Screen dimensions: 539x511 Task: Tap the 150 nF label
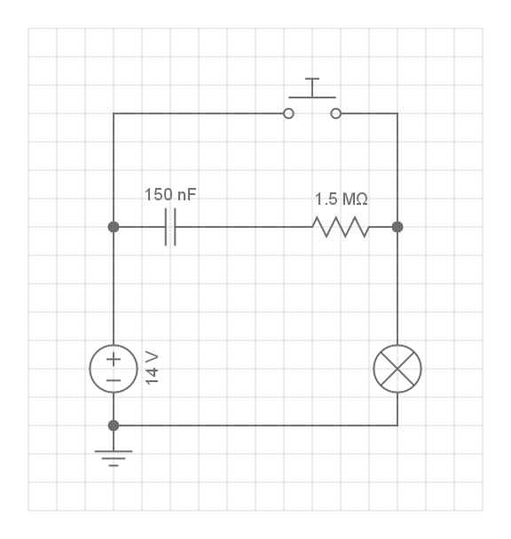170,195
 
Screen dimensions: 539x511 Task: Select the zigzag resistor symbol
340,227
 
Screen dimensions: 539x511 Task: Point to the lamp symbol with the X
397,368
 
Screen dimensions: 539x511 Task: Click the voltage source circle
114,368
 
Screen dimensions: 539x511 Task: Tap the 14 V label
152,367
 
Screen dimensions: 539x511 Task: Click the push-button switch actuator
311,89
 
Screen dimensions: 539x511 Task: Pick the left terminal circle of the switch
287,113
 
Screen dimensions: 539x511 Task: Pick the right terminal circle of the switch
335,113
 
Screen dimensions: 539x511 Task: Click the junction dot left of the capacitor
114,227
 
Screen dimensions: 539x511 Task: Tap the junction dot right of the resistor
397,227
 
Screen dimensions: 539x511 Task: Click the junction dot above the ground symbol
114,426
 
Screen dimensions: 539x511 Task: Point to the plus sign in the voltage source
114,359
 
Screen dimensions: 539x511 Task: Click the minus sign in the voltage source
114,379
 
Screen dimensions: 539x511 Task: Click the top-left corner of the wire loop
114,113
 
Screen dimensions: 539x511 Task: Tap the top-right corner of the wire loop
397,113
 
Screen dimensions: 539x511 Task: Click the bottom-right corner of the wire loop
397,426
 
